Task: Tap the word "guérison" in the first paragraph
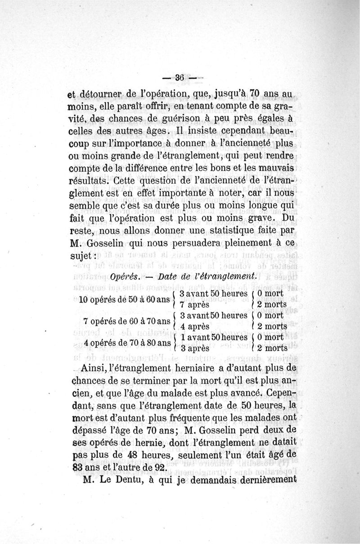(175, 119)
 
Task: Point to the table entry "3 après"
(193, 348)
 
